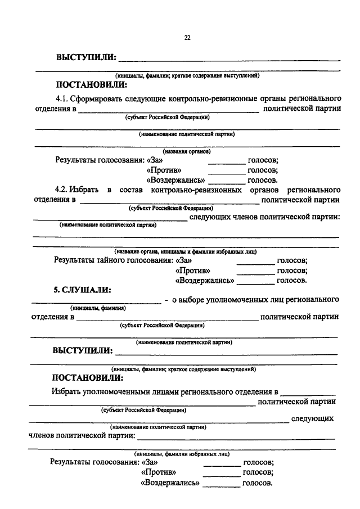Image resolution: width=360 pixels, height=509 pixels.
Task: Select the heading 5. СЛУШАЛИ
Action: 82,290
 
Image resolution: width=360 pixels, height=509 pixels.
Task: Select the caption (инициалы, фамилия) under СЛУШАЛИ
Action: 98,308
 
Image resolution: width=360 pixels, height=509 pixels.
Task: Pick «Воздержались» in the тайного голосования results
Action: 205,280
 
